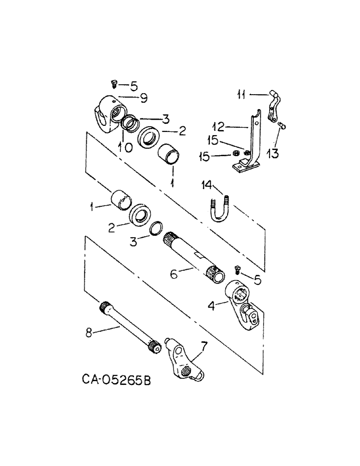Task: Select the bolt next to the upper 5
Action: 113,84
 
